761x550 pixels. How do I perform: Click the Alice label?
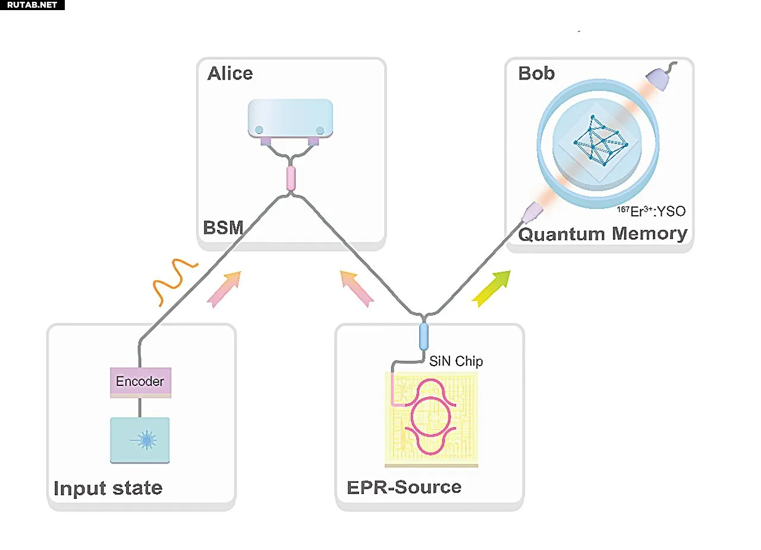230,73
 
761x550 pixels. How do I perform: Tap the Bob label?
536,73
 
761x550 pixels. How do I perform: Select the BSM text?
223,227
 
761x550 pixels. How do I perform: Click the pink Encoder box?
140,382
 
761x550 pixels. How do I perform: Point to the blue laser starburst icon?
146,440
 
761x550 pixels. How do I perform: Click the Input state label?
108,488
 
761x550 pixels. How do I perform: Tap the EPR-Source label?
404,487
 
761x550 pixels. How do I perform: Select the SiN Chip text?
456,361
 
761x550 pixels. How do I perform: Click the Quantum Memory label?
603,234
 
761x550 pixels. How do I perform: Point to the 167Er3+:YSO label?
651,211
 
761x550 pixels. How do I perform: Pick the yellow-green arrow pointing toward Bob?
492,288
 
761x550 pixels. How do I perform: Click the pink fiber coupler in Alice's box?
291,178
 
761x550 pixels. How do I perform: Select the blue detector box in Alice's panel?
291,118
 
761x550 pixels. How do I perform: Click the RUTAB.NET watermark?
32,5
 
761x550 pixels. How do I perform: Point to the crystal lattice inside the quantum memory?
600,141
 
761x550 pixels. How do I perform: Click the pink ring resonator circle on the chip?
431,417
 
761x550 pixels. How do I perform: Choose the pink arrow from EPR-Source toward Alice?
357,288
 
